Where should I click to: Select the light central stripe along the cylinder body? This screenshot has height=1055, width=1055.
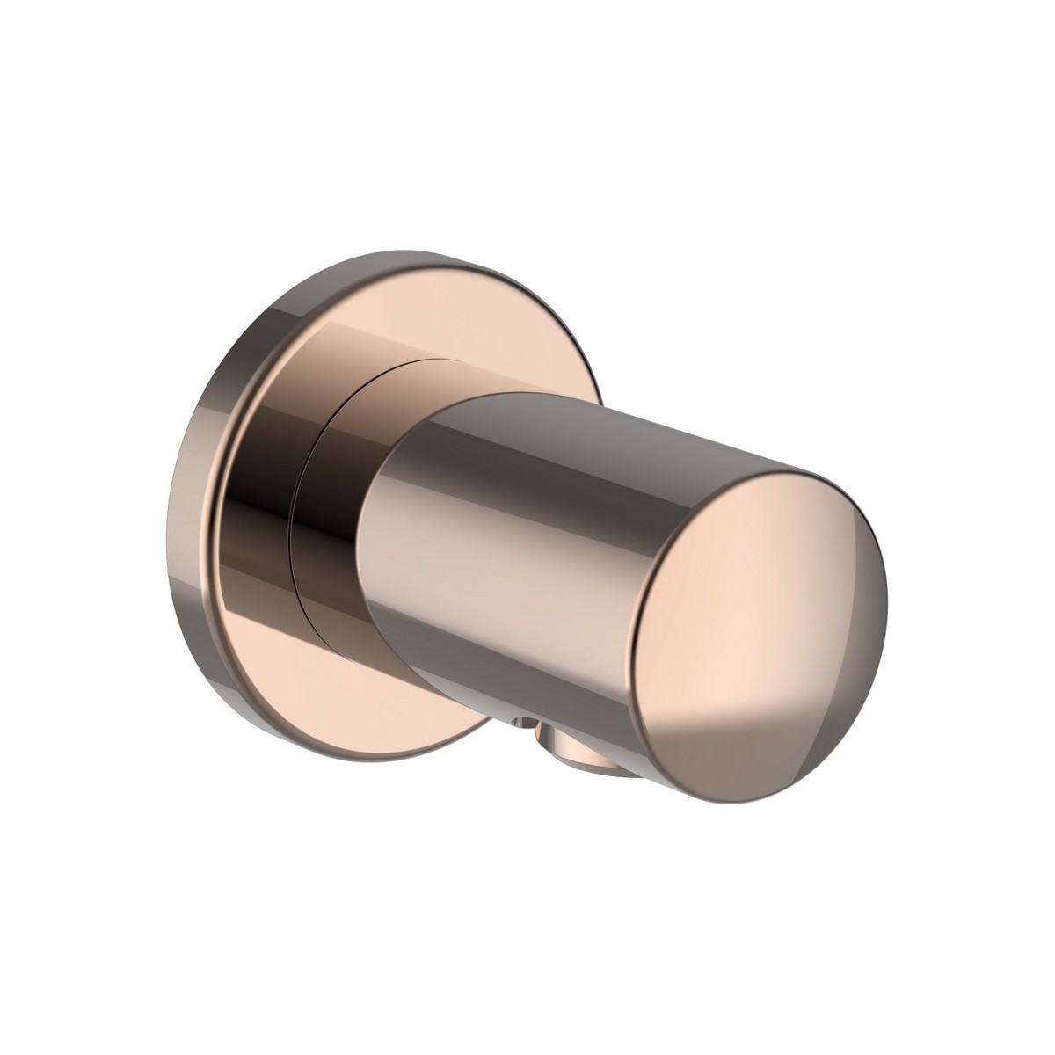point(527,563)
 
